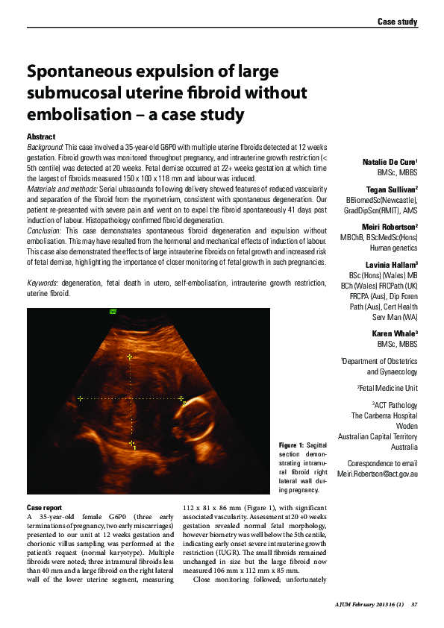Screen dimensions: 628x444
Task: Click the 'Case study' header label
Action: pyautogui.click(x=396, y=22)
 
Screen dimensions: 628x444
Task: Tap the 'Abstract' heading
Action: pyautogui.click(x=40, y=138)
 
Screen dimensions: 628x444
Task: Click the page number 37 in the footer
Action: pyautogui.click(x=413, y=605)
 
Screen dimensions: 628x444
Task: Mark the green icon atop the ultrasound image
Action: pyautogui.click(x=113, y=312)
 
